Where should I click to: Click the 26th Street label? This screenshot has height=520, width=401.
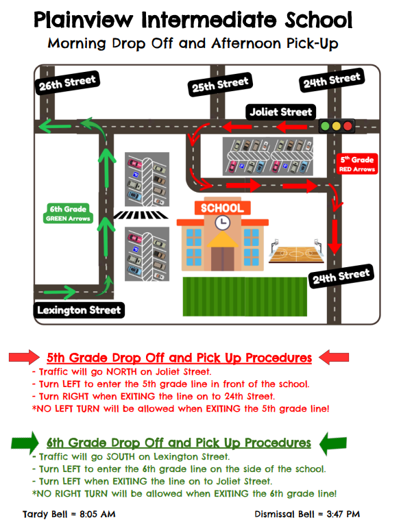[x=67, y=83]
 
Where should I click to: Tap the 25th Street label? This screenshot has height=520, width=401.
[x=220, y=84]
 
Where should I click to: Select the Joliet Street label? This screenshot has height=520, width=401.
[x=280, y=112]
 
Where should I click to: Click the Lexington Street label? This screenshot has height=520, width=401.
[x=79, y=310]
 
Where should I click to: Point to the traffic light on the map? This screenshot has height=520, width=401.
[x=337, y=126]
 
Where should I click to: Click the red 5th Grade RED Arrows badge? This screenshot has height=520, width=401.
[x=357, y=164]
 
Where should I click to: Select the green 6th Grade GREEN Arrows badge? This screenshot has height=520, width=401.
[x=68, y=213]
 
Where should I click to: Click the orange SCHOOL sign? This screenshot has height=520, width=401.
[x=222, y=208]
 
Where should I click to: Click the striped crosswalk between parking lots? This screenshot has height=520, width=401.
[x=141, y=215]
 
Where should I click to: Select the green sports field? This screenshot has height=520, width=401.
[x=245, y=297]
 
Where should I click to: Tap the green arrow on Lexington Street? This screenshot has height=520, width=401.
[x=60, y=292]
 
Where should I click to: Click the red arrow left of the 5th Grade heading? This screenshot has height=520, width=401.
[x=24, y=357]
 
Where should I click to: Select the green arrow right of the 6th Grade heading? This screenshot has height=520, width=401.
[x=333, y=443]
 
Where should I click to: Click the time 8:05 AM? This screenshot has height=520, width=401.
[x=97, y=514]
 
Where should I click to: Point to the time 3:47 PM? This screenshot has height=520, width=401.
[x=343, y=514]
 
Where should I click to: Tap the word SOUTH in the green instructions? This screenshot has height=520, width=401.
[x=121, y=457]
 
